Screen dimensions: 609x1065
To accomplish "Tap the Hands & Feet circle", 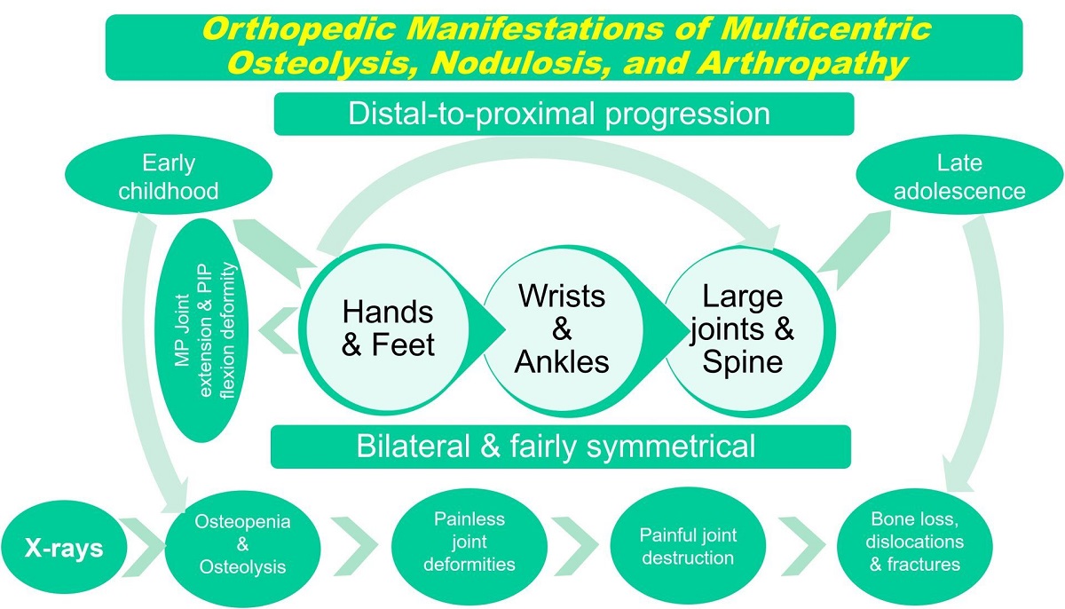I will coord(388,328).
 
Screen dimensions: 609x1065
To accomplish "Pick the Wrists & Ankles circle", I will coord(562,328).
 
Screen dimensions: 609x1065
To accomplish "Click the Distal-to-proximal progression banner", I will coord(563,115).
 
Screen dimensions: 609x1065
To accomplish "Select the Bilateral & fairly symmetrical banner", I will coord(559,446).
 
